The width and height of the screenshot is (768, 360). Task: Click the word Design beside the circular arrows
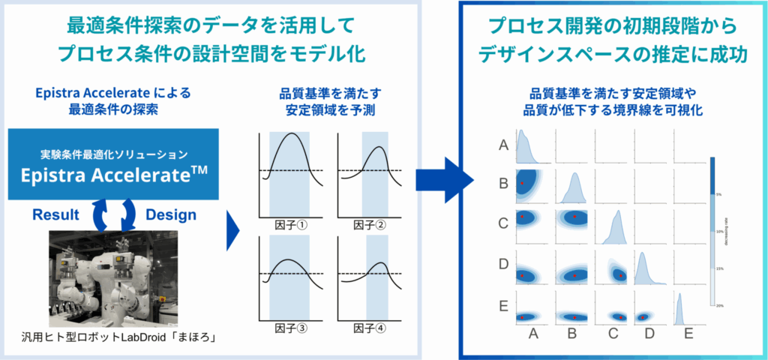171,214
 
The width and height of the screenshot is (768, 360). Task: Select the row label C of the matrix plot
504,223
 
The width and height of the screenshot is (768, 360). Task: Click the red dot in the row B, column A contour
522,183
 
